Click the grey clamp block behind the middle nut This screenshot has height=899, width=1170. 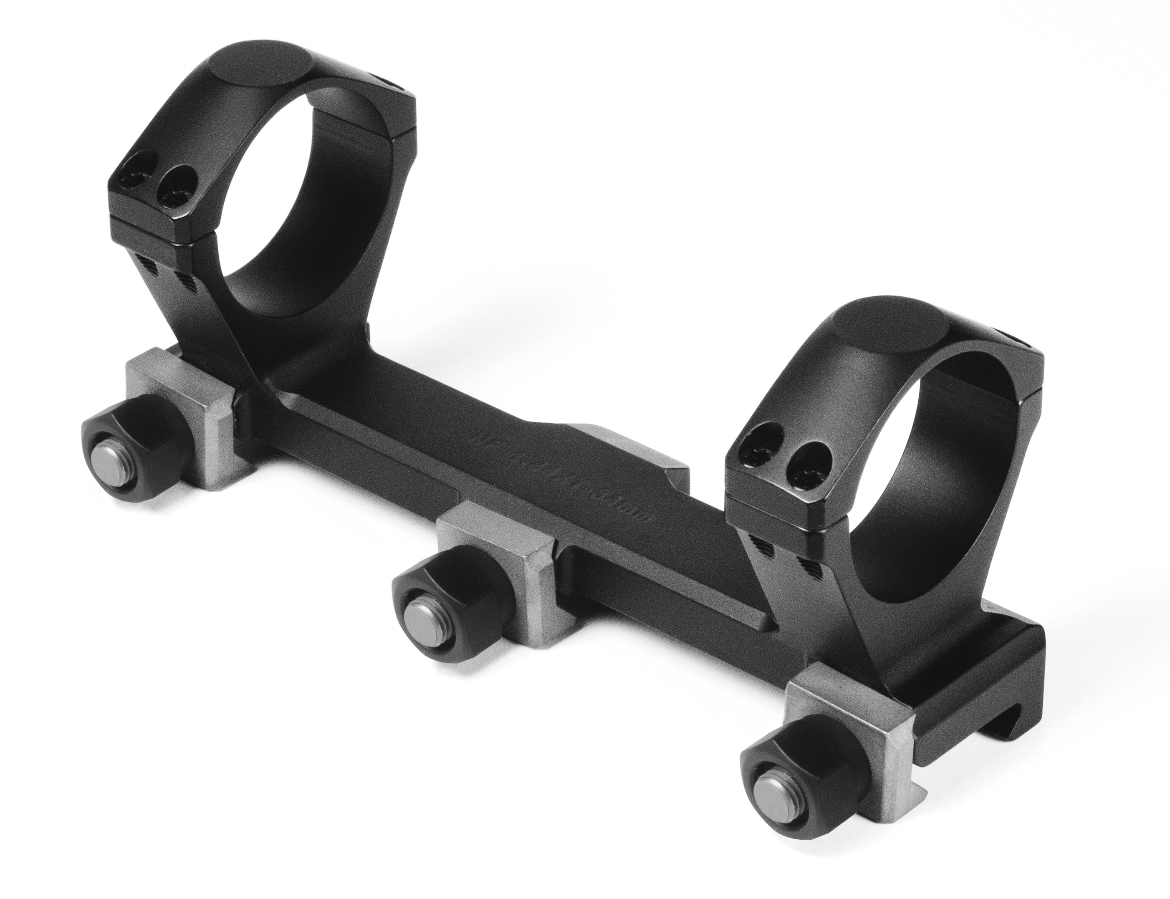pos(503,556)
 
